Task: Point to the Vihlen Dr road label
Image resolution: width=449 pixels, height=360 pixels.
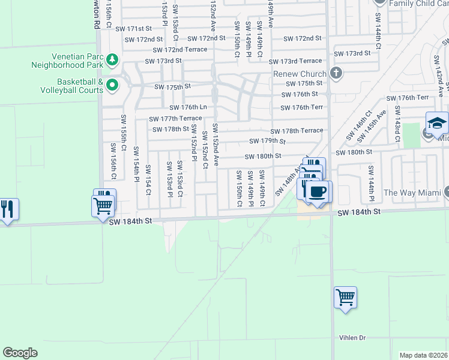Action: (352, 338)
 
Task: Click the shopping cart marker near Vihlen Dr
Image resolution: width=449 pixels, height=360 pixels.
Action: (345, 298)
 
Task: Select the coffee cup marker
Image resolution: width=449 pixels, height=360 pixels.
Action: (317, 192)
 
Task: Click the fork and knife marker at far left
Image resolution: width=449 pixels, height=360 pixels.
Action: (7, 210)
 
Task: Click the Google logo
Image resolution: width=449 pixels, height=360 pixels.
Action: (20, 353)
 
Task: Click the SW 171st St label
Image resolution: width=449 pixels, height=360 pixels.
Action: (134, 29)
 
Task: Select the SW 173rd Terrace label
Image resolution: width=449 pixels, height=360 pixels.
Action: (295, 61)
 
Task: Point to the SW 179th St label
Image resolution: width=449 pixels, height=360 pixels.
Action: (267, 142)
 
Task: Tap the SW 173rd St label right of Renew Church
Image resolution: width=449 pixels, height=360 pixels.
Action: (352, 53)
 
